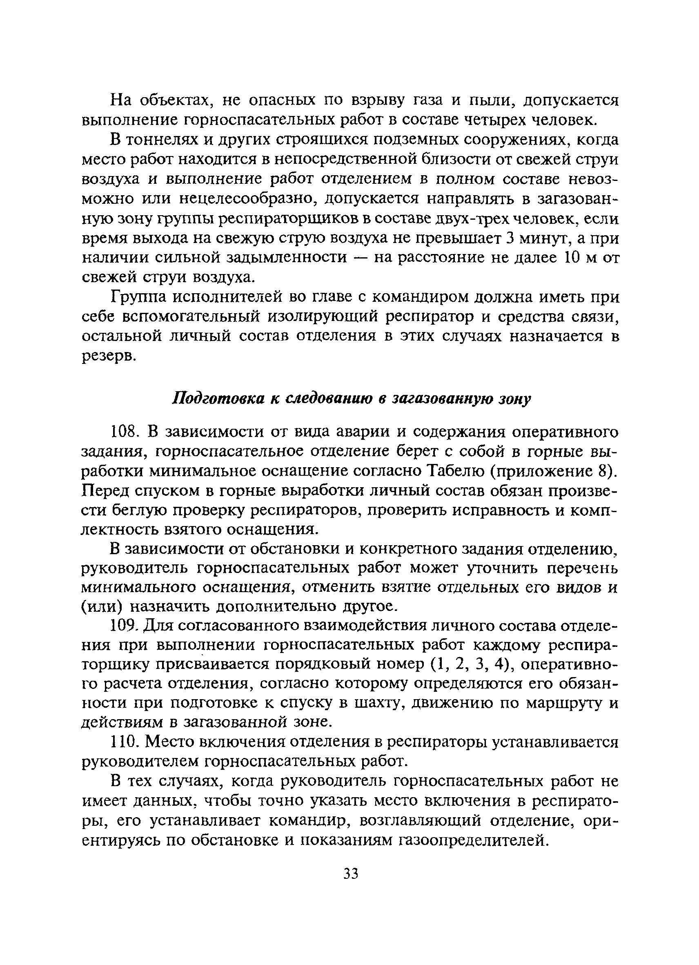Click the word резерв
[108, 357]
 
